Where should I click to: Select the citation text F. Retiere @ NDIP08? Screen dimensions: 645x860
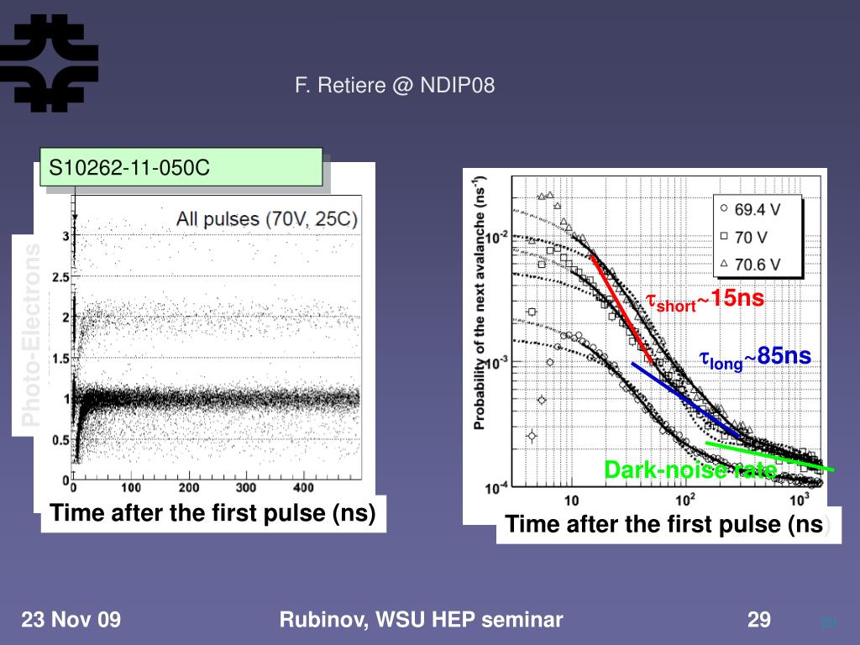click(x=394, y=85)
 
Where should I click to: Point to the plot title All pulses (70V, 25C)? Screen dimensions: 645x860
click(x=266, y=219)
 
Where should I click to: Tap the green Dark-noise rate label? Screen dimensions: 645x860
click(x=690, y=469)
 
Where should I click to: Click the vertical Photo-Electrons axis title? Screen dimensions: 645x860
click(x=31, y=336)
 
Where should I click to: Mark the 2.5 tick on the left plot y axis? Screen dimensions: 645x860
click(x=59, y=277)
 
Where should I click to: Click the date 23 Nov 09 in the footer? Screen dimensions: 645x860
click(x=71, y=621)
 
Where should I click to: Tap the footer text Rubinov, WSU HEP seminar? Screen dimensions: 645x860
click(x=421, y=621)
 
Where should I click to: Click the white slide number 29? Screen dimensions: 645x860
click(x=759, y=621)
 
